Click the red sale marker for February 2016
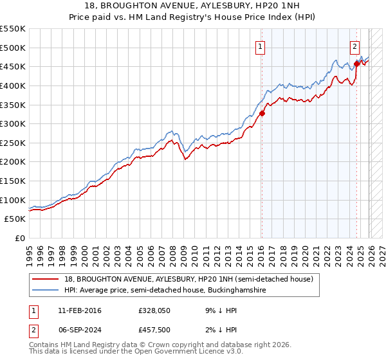coord(262,113)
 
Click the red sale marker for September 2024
coord(356,64)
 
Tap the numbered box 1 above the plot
coord(260,46)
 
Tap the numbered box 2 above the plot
coord(354,46)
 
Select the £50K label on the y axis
coord(15,219)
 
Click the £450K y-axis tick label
coord(13,66)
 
